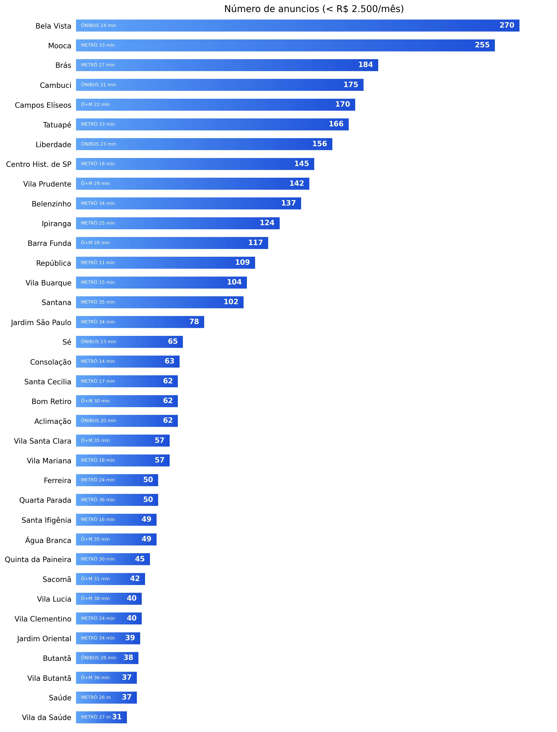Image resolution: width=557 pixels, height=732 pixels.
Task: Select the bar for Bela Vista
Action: (297, 26)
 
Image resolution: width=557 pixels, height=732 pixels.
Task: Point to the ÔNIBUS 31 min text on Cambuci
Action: (99, 85)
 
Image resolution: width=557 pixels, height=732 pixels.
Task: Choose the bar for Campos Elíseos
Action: (216, 105)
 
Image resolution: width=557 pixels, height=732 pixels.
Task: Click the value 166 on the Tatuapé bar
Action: (336, 124)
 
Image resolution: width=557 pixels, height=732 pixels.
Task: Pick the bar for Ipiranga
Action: (178, 223)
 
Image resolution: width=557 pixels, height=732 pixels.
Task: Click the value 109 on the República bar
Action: (242, 263)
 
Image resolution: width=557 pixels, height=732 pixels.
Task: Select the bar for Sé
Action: (129, 342)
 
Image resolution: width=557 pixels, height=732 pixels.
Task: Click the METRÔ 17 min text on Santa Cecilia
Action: (98, 381)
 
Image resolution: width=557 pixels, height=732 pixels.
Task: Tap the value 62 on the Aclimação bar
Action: (168, 420)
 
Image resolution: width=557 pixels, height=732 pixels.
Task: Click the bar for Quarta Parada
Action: (117, 500)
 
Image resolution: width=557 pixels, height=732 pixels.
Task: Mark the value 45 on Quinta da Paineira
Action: (140, 559)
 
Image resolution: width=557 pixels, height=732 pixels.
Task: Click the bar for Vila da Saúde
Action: (101, 717)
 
